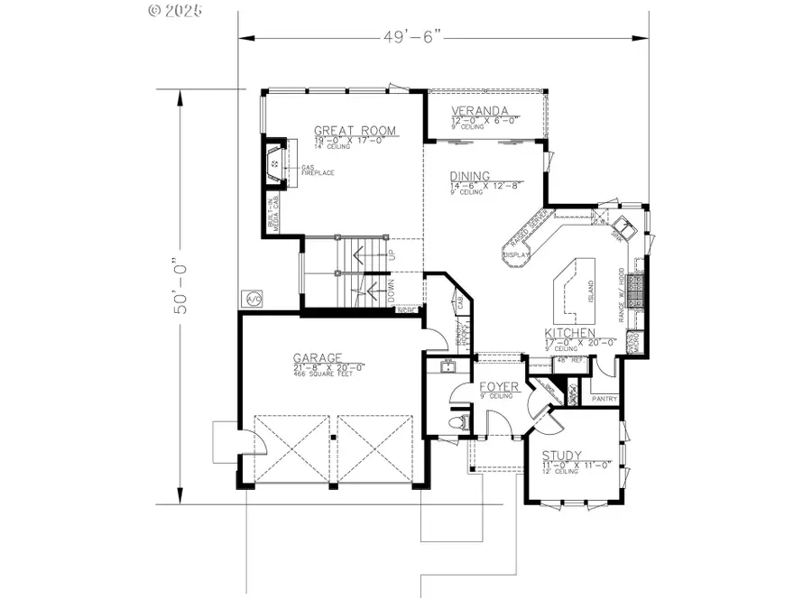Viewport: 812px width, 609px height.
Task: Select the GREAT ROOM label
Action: tap(355, 131)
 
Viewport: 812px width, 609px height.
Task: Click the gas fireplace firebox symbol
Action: tap(274, 164)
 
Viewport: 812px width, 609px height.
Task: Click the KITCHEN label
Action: tap(570, 334)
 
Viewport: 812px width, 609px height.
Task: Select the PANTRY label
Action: tap(604, 396)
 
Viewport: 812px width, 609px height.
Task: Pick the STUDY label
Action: tap(561, 456)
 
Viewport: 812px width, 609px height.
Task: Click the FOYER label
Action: tap(498, 386)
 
